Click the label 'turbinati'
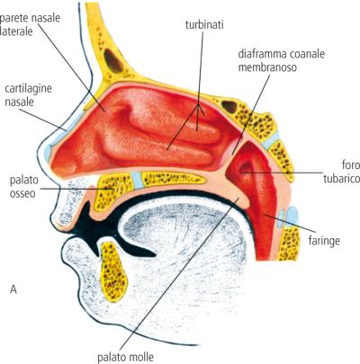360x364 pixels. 204,24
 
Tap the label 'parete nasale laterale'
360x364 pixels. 30,24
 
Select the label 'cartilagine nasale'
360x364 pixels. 28,95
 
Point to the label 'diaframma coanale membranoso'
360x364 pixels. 282,61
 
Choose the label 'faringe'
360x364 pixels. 324,241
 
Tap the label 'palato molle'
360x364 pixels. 125,357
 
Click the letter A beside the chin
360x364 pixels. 13,289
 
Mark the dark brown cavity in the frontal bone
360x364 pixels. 113,61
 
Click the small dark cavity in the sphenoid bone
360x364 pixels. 229,107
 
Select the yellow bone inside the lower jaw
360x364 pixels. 113,272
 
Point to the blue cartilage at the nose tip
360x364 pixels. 48,151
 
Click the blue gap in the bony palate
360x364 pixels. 137,180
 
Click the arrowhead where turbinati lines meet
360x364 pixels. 199,107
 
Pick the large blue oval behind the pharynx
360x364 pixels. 292,216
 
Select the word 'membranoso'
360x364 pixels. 267,67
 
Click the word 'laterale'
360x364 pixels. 16,31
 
